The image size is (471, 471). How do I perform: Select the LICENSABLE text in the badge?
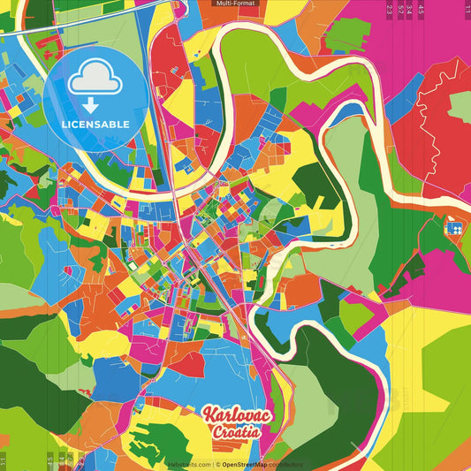[x=95, y=124]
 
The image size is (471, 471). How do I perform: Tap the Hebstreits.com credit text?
[x=189, y=464]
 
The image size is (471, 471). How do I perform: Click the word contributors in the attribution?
[x=285, y=464]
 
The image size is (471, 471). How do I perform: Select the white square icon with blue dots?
[x=457, y=227]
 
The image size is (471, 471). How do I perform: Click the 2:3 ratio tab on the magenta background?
[x=390, y=9]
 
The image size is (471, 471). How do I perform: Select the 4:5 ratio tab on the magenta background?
[x=422, y=9]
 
